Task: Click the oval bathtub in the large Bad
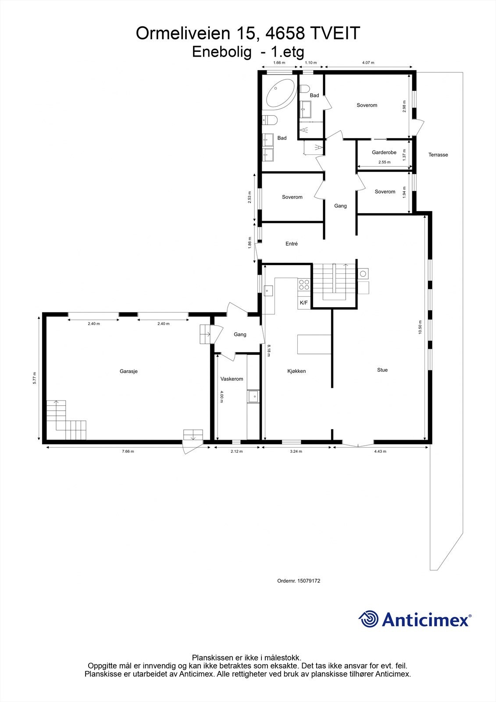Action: click(280, 93)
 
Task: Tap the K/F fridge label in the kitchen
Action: click(304, 303)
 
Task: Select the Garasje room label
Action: click(128, 371)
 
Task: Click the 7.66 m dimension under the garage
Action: click(128, 451)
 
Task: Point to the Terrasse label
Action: click(438, 155)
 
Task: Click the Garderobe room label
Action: click(384, 153)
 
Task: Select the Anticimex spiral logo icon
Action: click(368, 619)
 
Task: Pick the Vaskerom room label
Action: click(232, 379)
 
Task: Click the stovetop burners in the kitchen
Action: click(304, 285)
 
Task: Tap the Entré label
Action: click(292, 244)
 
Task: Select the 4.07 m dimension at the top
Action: click(368, 63)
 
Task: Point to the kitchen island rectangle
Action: click(314, 344)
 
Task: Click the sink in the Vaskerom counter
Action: click(253, 397)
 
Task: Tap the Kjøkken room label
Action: click(296, 371)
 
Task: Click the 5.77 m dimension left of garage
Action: click(35, 378)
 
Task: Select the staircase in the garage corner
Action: click(66, 421)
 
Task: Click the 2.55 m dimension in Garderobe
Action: click(384, 162)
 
